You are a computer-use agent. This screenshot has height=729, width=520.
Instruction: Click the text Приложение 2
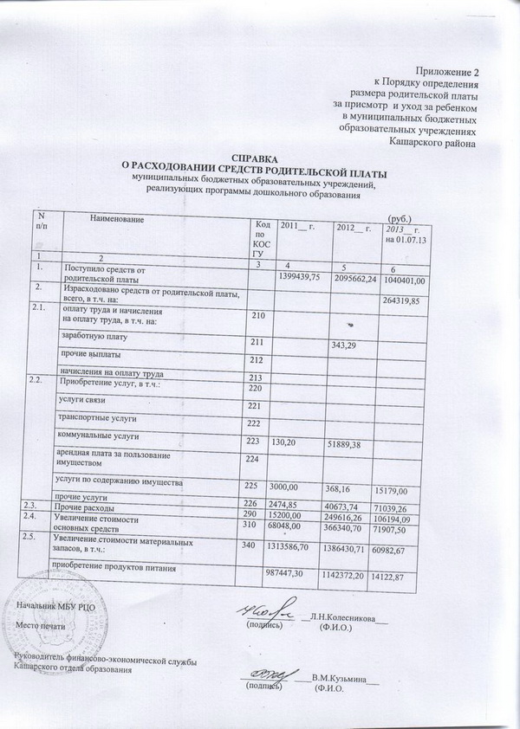[447, 68]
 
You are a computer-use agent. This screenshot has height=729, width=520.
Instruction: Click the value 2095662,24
[354, 278]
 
